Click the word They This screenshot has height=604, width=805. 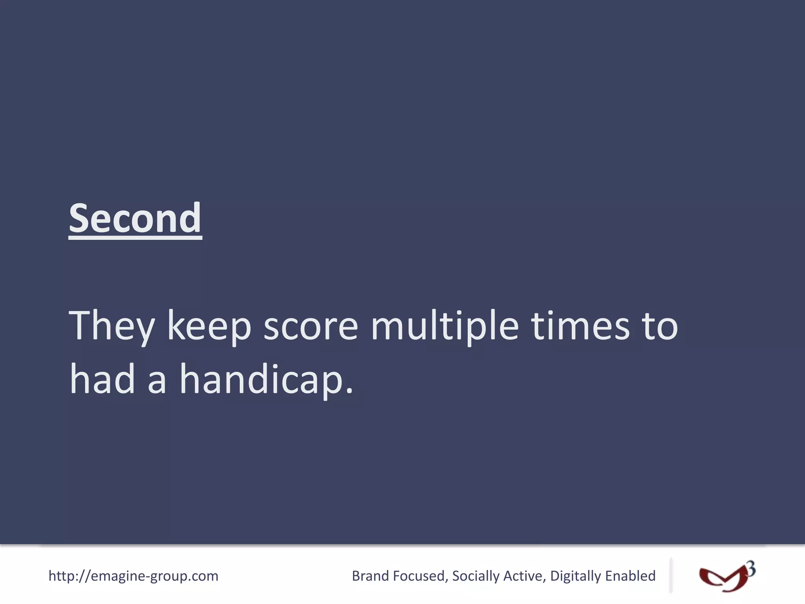(112, 326)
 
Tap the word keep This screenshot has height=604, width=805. (209, 326)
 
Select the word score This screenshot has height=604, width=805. (311, 326)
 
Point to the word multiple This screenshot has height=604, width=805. (445, 326)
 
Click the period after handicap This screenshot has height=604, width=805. (349, 391)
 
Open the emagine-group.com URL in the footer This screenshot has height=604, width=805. (133, 576)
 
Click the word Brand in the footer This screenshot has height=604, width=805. (370, 576)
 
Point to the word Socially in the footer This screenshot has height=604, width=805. (476, 576)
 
